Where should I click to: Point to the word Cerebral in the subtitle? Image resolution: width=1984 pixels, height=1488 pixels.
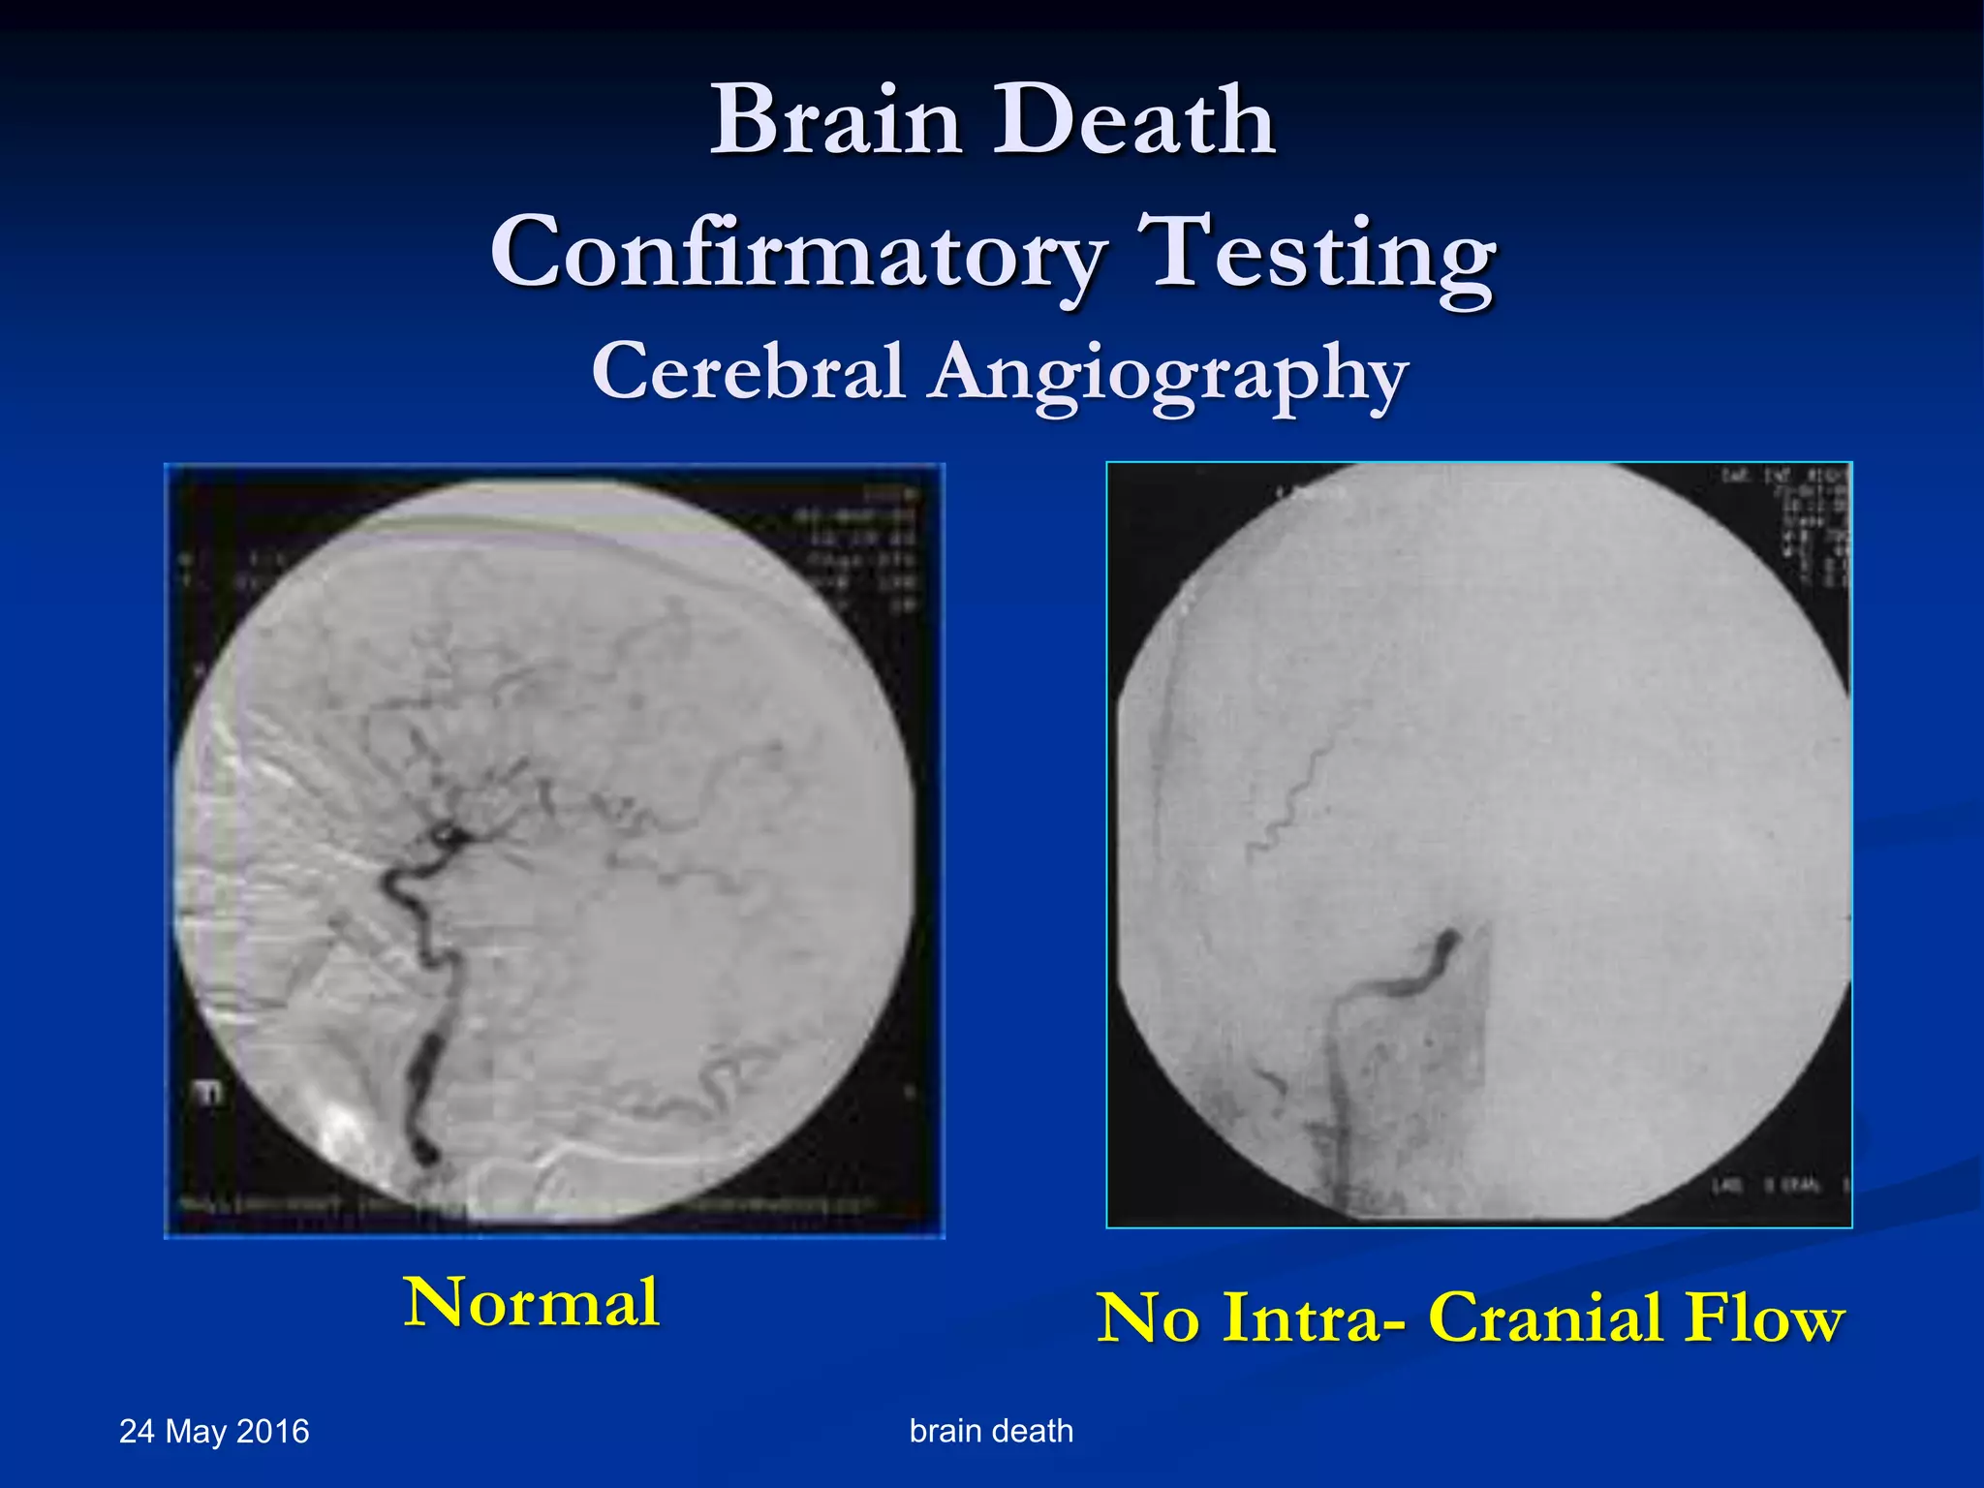click(748, 372)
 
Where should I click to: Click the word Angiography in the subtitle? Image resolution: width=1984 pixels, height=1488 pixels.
click(1167, 376)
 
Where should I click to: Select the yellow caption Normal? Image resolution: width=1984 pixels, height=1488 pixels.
click(532, 1303)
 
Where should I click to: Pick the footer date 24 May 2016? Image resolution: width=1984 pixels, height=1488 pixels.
click(214, 1432)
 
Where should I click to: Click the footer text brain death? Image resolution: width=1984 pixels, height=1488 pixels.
click(991, 1431)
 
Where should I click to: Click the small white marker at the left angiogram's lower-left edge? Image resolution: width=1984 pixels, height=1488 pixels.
click(207, 1093)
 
